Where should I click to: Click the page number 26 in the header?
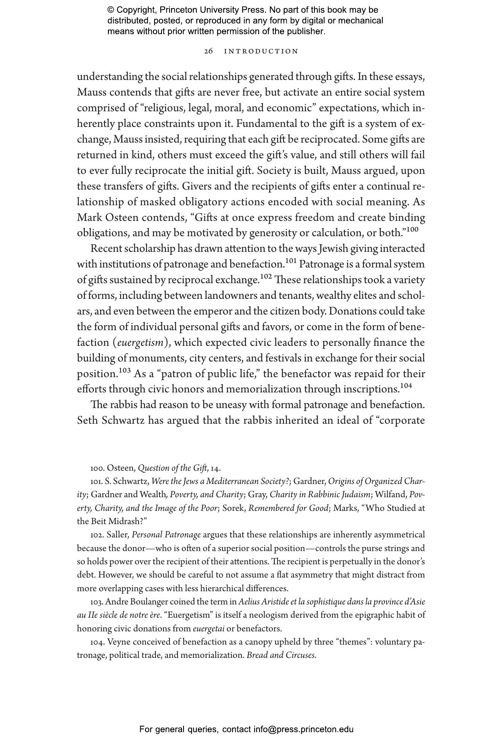208,51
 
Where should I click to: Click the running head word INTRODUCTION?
261,51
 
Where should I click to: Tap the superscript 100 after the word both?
412,230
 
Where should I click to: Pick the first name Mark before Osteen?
90,218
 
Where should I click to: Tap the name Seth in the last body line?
88,420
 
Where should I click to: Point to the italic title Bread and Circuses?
281,655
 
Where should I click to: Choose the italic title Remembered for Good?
288,508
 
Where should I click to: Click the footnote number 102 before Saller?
97,535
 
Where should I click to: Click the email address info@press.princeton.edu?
303,729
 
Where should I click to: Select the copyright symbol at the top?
111,10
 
